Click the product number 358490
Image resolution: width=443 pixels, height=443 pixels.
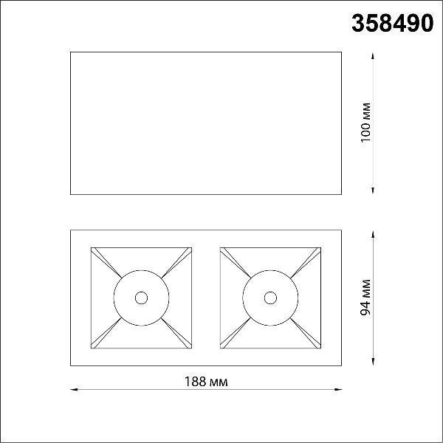click(x=393, y=23)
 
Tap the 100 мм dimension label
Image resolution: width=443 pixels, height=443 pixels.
click(x=366, y=123)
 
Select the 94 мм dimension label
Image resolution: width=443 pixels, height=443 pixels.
click(x=365, y=298)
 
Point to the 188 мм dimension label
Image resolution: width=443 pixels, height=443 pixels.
click(x=206, y=382)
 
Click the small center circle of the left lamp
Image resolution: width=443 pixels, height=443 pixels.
click(x=141, y=298)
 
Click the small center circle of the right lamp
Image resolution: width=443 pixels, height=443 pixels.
click(x=270, y=298)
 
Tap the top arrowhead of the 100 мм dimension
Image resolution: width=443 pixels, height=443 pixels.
click(x=373, y=55)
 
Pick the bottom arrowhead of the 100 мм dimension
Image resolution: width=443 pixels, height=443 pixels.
click(x=373, y=190)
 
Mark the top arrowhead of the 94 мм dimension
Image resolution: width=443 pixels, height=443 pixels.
click(x=373, y=234)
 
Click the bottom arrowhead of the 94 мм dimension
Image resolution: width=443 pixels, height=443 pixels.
click(x=373, y=362)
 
